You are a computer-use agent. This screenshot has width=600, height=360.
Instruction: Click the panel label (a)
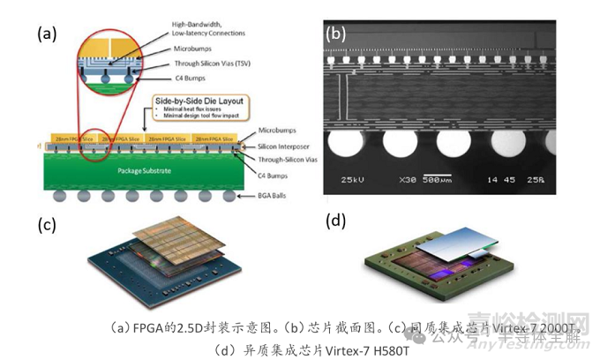(x=47, y=34)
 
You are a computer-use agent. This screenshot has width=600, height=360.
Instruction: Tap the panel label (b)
(x=335, y=34)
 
